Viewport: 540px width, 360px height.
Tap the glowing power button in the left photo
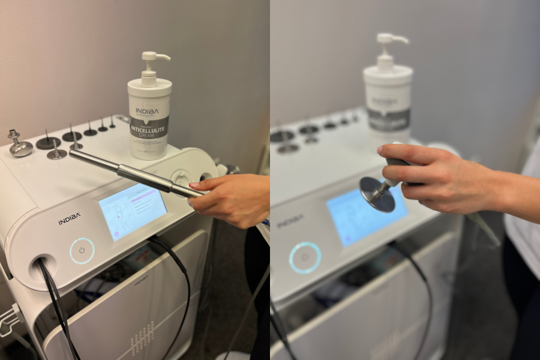tap(82, 251)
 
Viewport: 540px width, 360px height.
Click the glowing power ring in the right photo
tap(305, 258)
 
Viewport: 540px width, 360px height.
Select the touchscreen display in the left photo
tap(133, 211)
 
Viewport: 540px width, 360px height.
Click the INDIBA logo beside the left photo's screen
tap(70, 220)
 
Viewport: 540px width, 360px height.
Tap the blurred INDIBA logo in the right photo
tap(290, 220)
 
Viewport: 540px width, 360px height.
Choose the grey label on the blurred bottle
tap(388, 118)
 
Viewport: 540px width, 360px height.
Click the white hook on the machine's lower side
tap(9, 318)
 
